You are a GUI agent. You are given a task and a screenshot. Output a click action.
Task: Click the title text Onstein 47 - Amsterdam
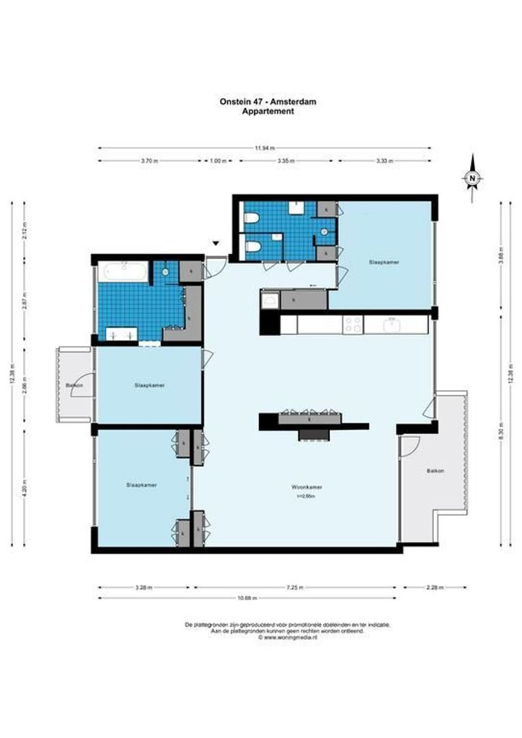point(268,102)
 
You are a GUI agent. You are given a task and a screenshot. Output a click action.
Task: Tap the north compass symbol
point(472,178)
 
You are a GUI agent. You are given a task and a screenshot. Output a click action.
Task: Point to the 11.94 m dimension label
point(264,148)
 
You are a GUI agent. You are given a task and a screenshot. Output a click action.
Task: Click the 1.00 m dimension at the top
point(218,161)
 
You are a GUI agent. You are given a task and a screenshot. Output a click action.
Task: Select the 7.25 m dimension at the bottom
point(297,587)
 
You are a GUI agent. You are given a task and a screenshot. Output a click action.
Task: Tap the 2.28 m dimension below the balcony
point(435,587)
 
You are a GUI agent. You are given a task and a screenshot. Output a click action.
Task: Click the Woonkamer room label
point(307,487)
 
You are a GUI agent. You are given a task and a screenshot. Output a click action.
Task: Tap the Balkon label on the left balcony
point(74,386)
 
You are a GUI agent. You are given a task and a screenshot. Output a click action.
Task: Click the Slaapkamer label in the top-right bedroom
point(383,262)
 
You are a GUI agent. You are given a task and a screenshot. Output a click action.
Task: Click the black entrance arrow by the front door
point(216,243)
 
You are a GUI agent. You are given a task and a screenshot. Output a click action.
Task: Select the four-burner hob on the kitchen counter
point(353,325)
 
